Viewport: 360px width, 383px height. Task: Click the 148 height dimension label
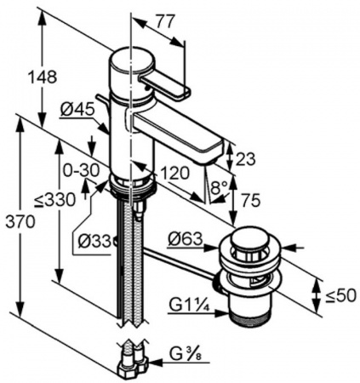[x=43, y=77]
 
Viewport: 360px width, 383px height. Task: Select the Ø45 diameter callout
[x=77, y=109]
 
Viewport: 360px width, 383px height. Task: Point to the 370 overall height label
[x=20, y=221]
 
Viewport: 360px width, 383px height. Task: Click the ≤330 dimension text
[x=55, y=200]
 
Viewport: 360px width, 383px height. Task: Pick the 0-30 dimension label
[x=81, y=170]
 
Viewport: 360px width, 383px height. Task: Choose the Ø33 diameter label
[x=94, y=242]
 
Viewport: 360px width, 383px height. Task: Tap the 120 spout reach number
[x=174, y=173]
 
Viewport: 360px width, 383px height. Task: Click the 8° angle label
[x=220, y=187]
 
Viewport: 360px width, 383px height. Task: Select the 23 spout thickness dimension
[x=246, y=159]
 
